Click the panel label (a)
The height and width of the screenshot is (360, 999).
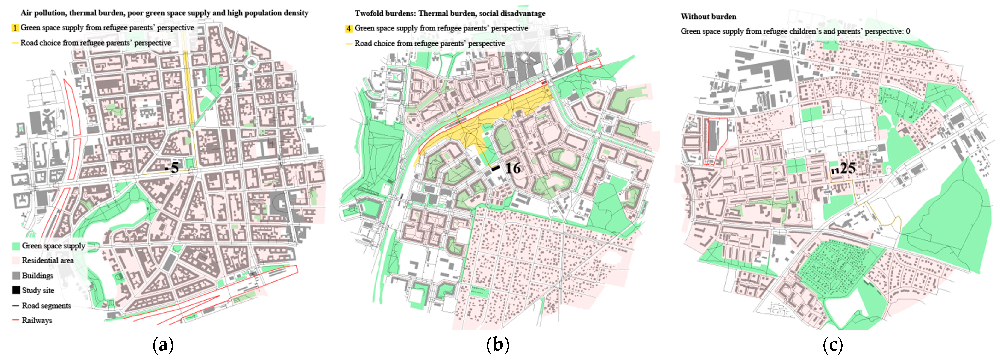tap(163, 345)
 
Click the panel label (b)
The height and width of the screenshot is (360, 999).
tap(498, 345)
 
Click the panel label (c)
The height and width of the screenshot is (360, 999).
tap(833, 345)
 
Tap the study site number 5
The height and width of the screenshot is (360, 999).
tap(174, 168)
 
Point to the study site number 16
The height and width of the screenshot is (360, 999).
tap(513, 168)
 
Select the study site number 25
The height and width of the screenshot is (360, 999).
tap(848, 168)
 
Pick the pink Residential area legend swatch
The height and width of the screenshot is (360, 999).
tap(16, 260)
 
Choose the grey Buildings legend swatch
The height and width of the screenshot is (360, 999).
tap(16, 275)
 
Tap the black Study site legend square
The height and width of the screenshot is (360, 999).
tap(16, 290)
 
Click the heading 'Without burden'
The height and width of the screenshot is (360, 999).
tap(708, 17)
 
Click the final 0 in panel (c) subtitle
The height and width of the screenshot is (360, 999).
tap(908, 31)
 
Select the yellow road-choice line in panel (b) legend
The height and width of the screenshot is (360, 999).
tap(349, 44)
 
